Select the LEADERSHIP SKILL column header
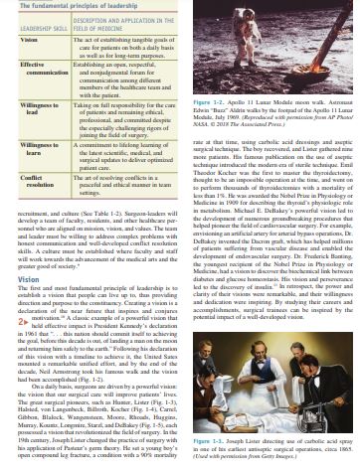34,26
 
